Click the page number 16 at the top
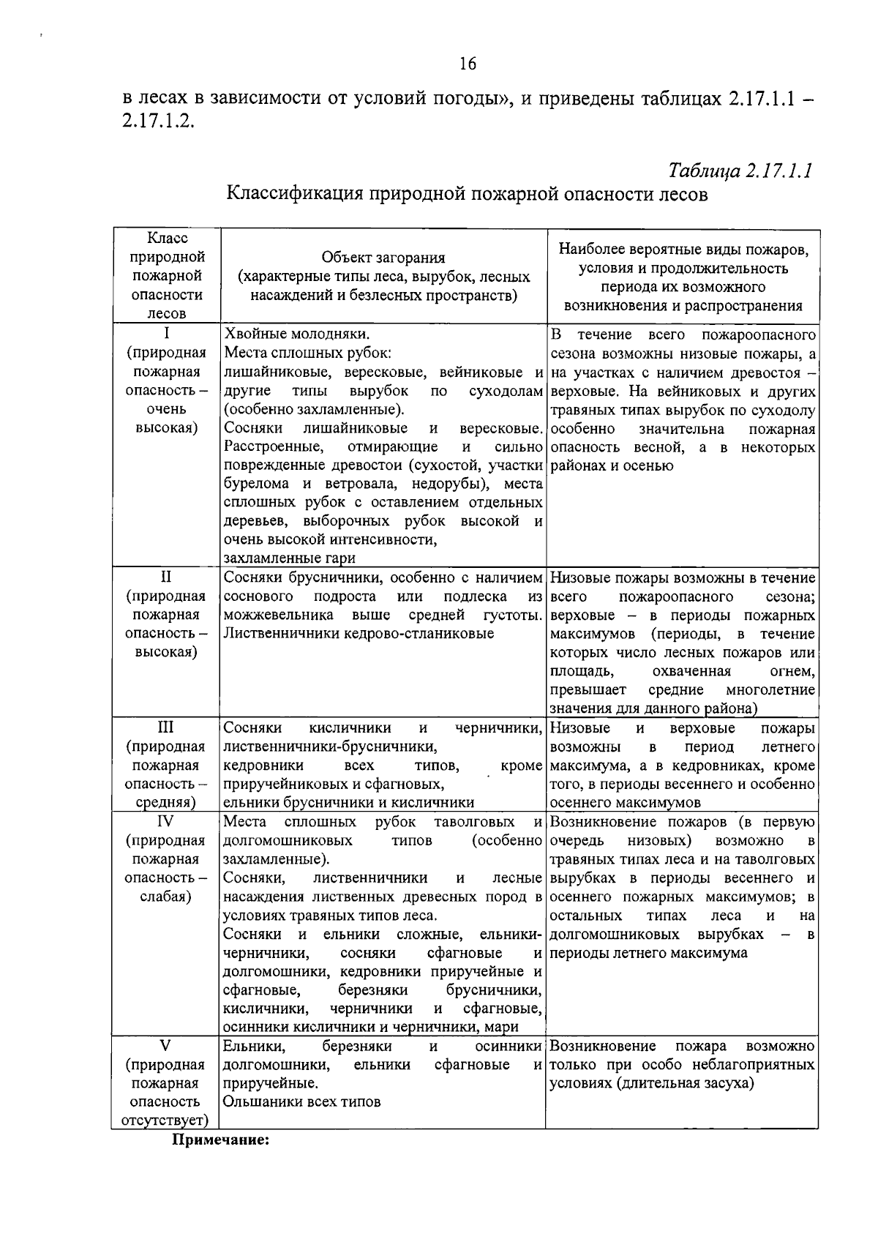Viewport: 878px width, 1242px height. [x=468, y=64]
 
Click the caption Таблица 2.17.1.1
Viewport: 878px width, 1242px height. [x=740, y=171]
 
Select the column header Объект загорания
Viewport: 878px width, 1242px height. [x=383, y=258]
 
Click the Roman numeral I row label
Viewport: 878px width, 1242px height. [x=166, y=334]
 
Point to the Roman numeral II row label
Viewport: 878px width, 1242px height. [x=166, y=577]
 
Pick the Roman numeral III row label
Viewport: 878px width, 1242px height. [x=166, y=727]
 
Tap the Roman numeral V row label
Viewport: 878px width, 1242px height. [x=166, y=1045]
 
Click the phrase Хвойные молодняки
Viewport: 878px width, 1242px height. [x=296, y=334]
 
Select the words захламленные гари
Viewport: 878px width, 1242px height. [x=290, y=558]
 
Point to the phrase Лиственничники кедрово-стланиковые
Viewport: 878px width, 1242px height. [x=359, y=633]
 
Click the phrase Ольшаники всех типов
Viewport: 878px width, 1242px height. [x=302, y=1101]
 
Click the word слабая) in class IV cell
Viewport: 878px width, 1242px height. [x=166, y=897]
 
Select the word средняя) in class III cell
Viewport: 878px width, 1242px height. [x=166, y=803]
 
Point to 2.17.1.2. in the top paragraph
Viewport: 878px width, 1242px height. [x=159, y=121]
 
